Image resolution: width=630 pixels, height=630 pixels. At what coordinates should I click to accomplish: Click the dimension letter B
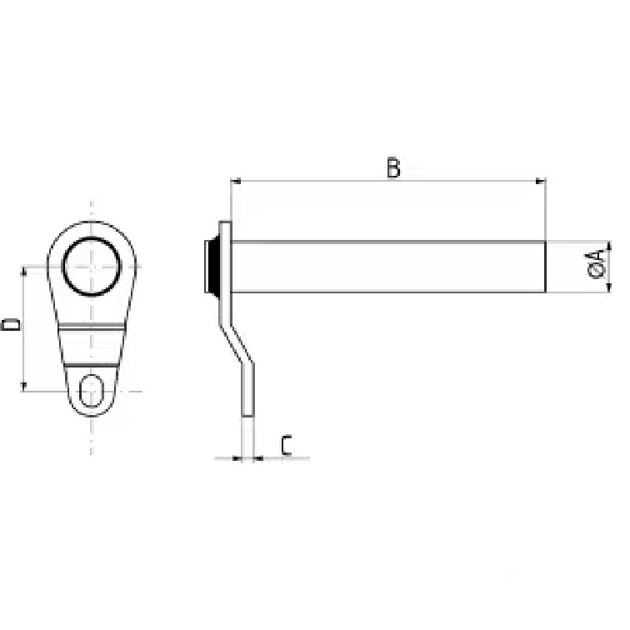coord(393,168)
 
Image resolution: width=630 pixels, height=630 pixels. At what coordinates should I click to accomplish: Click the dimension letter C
coord(287,445)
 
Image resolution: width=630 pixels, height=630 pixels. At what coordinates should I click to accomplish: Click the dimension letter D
coord(11,324)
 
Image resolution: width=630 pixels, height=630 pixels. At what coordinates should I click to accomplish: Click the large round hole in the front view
coord(92,267)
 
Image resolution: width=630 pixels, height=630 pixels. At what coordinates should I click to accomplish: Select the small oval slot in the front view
coord(92,391)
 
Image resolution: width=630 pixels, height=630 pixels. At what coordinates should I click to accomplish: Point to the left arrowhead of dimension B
coord(236,181)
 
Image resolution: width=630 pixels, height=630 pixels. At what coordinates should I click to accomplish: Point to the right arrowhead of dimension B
coord(541,181)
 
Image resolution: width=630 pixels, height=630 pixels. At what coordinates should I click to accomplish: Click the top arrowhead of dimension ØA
coord(608,246)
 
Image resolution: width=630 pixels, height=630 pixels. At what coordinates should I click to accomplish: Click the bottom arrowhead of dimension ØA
coord(608,287)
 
